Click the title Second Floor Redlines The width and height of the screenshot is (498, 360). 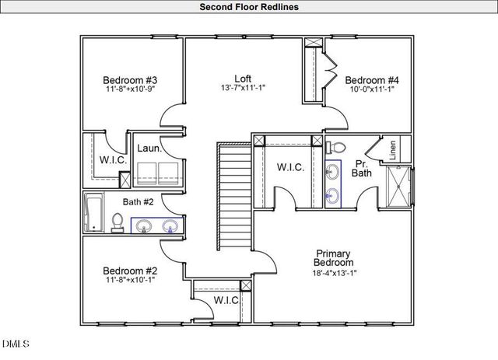coord(249,7)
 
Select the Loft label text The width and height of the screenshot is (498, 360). coord(244,79)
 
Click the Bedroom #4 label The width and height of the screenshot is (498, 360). coord(372,80)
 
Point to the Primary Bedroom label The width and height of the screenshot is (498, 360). coord(332,258)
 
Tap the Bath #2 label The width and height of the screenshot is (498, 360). coord(139,202)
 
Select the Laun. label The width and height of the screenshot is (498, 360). coord(149,148)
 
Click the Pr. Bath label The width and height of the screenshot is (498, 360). coord(362,168)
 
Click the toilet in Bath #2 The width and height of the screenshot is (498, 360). coord(117,223)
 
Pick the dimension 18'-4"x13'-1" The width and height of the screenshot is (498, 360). coord(332,273)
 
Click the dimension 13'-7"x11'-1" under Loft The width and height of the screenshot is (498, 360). coord(244,89)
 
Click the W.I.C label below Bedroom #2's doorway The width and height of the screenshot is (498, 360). coord(226,300)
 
